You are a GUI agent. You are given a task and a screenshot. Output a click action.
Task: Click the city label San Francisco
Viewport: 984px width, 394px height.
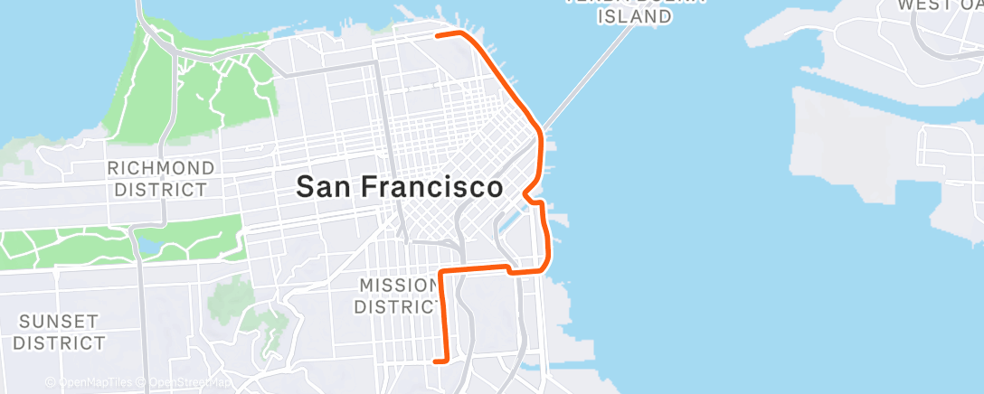coord(400,187)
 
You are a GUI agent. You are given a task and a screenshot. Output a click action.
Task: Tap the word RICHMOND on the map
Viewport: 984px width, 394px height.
coord(161,168)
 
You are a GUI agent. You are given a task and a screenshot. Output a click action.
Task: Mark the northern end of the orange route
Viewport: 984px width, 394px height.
coord(438,35)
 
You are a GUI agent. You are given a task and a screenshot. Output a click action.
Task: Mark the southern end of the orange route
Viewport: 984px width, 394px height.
coord(437,361)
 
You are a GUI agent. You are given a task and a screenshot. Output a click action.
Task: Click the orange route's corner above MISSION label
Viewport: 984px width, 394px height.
coord(440,271)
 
